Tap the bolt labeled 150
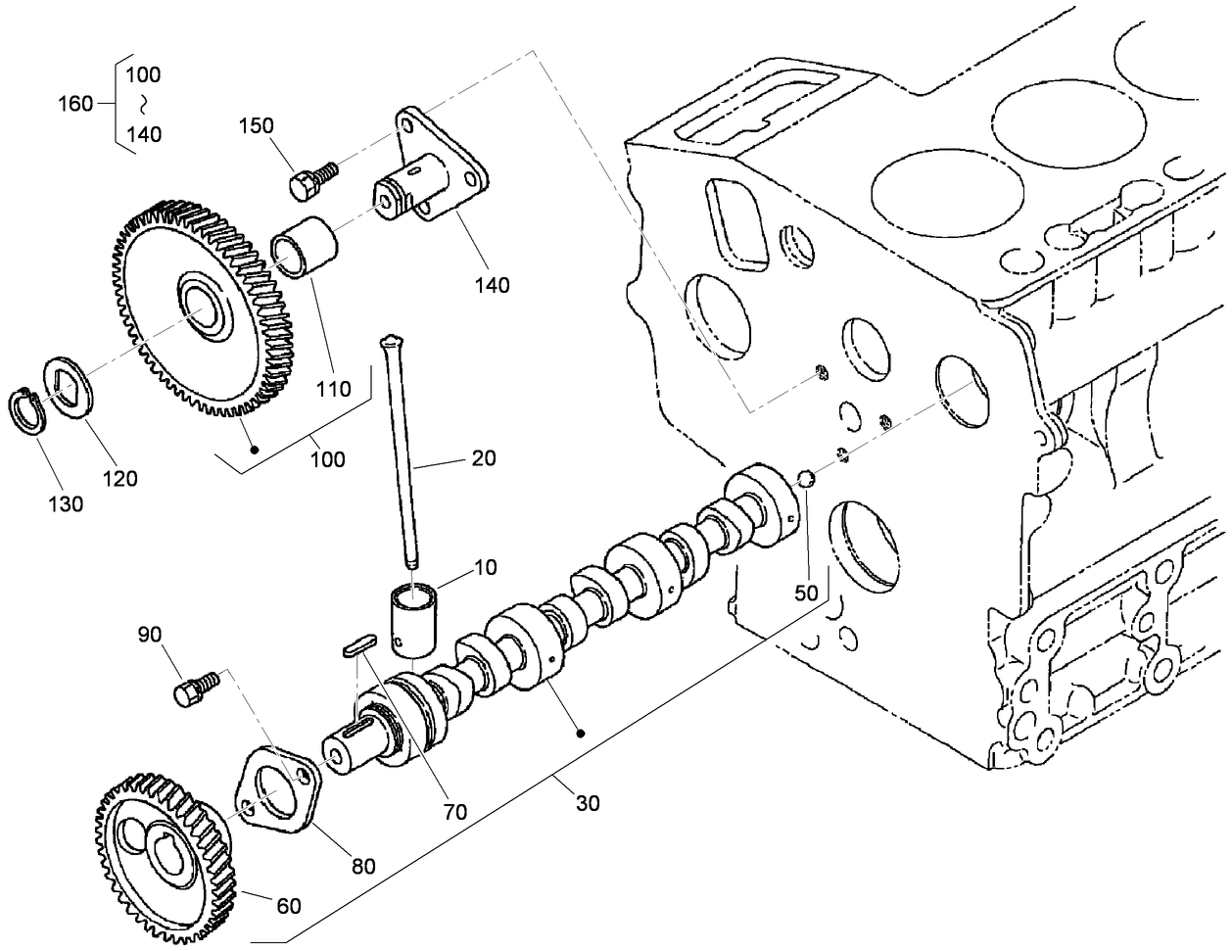310,178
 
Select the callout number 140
492,285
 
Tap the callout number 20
483,458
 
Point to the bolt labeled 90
192,689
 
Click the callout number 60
289,906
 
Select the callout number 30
588,803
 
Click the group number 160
75,104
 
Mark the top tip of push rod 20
391,342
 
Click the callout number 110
333,389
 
